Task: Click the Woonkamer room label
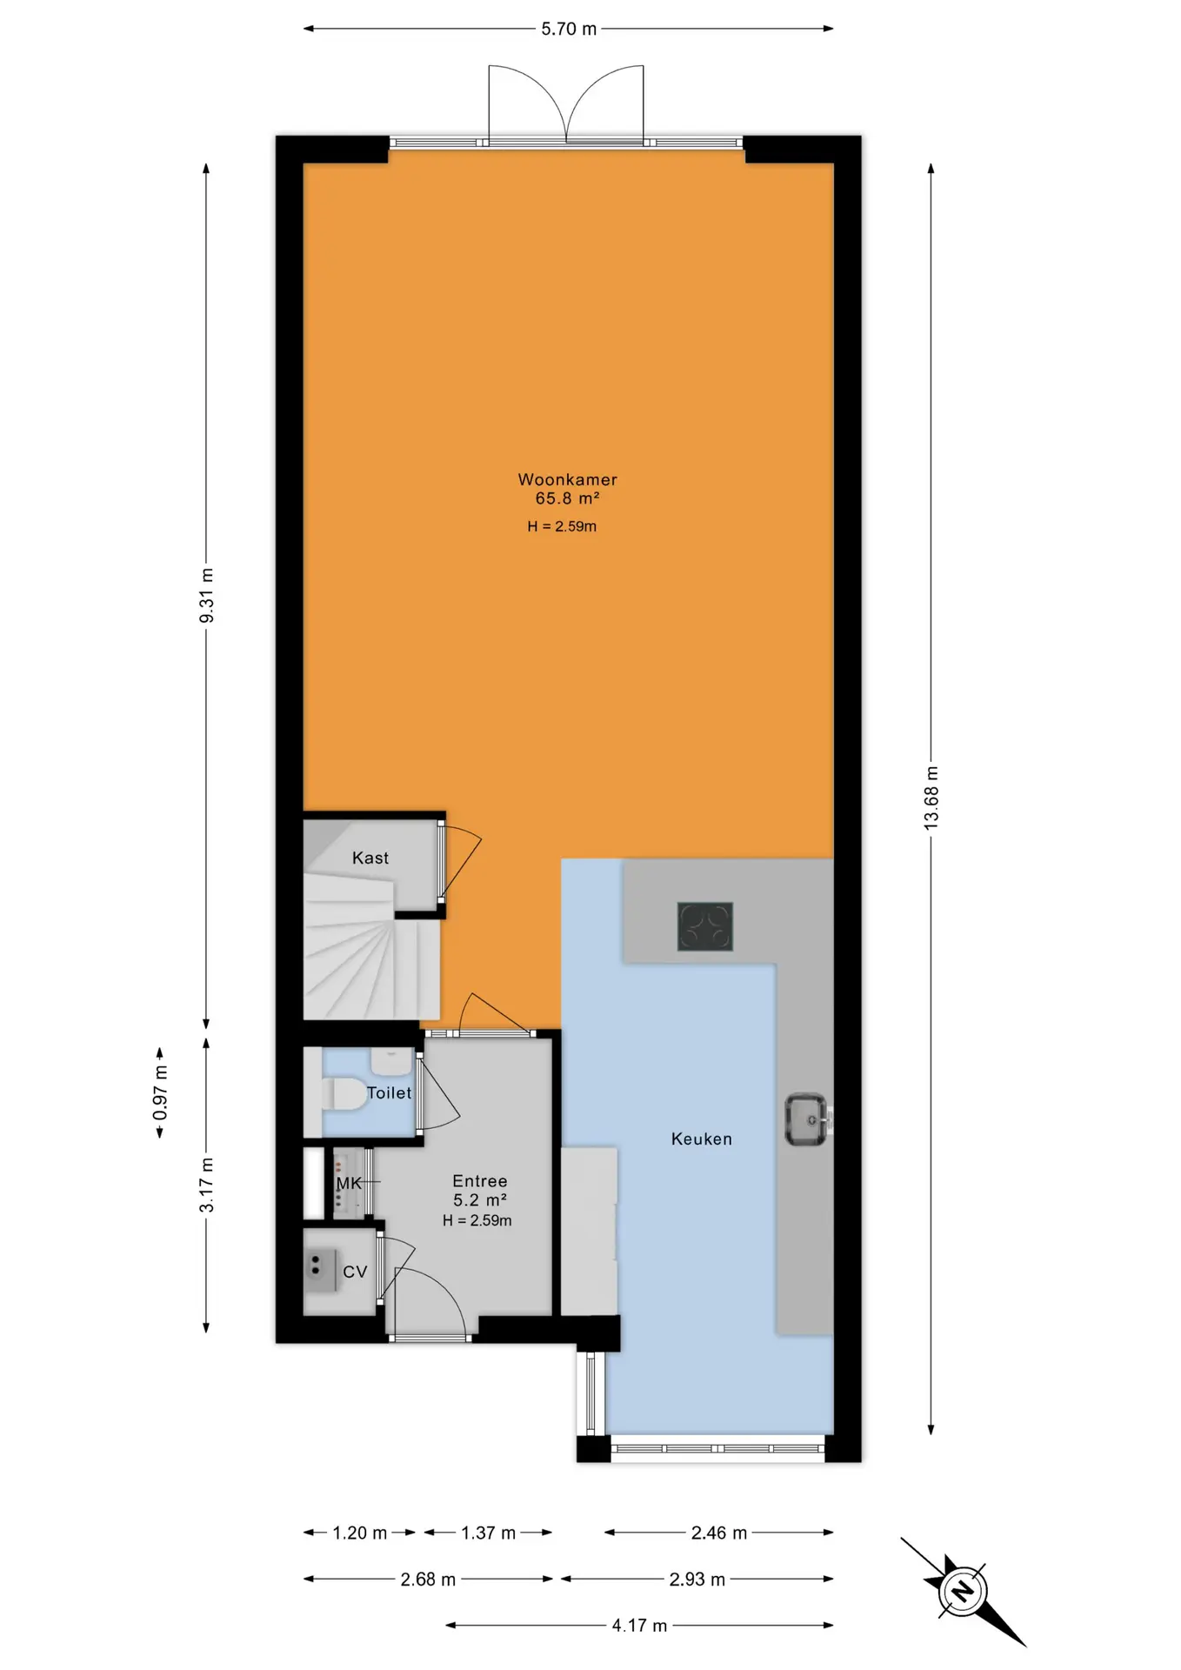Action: pyautogui.click(x=567, y=479)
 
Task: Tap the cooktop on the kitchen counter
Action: pyautogui.click(x=705, y=925)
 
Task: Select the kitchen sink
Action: pyautogui.click(x=806, y=1119)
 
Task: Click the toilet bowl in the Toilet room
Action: pyautogui.click(x=344, y=1094)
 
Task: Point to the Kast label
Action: pyautogui.click(x=370, y=858)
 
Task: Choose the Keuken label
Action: pyautogui.click(x=701, y=1139)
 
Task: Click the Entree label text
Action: pyautogui.click(x=479, y=1180)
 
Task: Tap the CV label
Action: pyautogui.click(x=355, y=1272)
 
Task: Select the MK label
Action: pyautogui.click(x=349, y=1183)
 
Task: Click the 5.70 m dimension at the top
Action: pyautogui.click(x=569, y=29)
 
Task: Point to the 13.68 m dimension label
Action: pyautogui.click(x=931, y=798)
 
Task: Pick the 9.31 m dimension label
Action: pyautogui.click(x=206, y=596)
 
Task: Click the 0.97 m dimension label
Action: pyautogui.click(x=160, y=1092)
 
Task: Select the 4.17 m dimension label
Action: pyautogui.click(x=639, y=1625)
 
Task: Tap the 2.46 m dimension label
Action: pyautogui.click(x=718, y=1533)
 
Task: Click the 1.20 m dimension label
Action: pyautogui.click(x=359, y=1533)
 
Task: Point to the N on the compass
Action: pyautogui.click(x=963, y=1592)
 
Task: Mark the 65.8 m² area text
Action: pyautogui.click(x=567, y=498)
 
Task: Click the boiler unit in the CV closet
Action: pyautogui.click(x=322, y=1271)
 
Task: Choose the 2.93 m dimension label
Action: pyautogui.click(x=697, y=1579)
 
